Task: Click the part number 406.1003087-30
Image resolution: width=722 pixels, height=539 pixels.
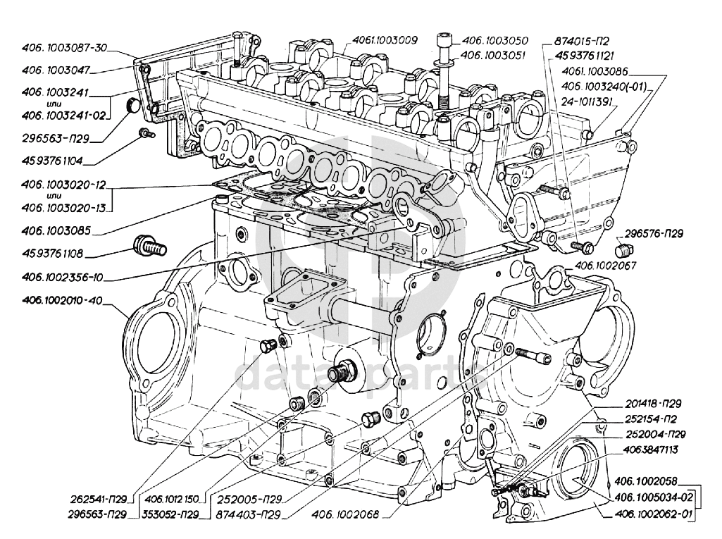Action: [64, 48]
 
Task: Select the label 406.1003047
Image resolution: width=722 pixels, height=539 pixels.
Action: [57, 70]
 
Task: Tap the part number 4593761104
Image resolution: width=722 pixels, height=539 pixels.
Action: [52, 161]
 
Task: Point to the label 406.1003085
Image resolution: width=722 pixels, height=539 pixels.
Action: [57, 230]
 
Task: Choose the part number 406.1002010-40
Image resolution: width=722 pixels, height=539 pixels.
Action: [62, 301]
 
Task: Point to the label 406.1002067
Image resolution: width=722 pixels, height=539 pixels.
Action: [606, 266]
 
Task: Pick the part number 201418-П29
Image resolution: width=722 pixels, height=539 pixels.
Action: [652, 404]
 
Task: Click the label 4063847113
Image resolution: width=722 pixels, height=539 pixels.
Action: [650, 449]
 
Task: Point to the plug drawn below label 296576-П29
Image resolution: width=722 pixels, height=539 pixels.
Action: [622, 251]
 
